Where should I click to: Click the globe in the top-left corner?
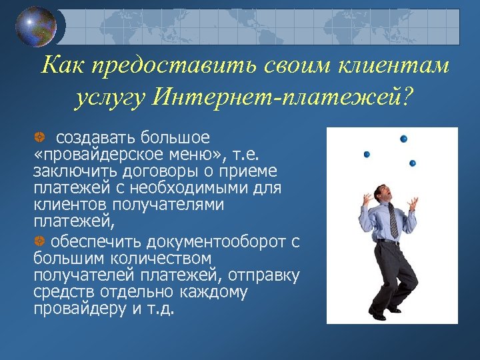pos(37,27)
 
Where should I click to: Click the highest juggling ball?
pos(403,139)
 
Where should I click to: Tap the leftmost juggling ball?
pos(367,154)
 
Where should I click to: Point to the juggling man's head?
pos(381,193)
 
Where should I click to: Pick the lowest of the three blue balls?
pos(413,163)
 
